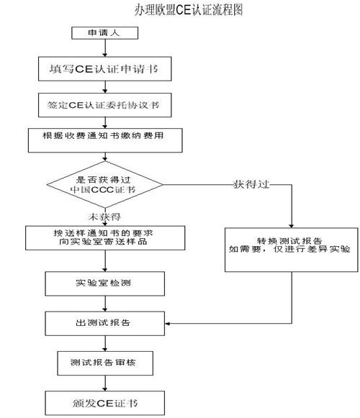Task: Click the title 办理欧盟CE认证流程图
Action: [x=189, y=10]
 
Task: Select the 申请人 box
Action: [x=105, y=33]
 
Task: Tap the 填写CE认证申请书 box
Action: [x=105, y=69]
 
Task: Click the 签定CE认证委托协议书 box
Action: [x=105, y=105]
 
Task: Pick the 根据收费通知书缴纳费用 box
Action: [x=105, y=140]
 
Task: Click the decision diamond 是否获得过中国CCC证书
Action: [x=105, y=184]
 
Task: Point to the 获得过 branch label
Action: [x=251, y=184]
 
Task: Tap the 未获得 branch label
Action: [x=104, y=217]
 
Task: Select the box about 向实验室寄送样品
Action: [x=105, y=238]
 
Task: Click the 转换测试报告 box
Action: [x=292, y=250]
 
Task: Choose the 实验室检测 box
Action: [x=105, y=283]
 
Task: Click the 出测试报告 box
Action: [x=105, y=324]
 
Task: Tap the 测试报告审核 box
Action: [x=105, y=363]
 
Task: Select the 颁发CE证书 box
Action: [x=105, y=403]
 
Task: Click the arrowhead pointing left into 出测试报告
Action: [x=167, y=324]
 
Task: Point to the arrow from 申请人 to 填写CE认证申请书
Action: [x=105, y=48]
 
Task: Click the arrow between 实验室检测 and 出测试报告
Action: [x=105, y=304]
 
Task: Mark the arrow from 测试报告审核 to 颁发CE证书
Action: [x=105, y=383]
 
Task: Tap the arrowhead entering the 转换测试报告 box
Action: [x=292, y=225]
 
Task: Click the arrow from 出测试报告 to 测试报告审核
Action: [x=105, y=343]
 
